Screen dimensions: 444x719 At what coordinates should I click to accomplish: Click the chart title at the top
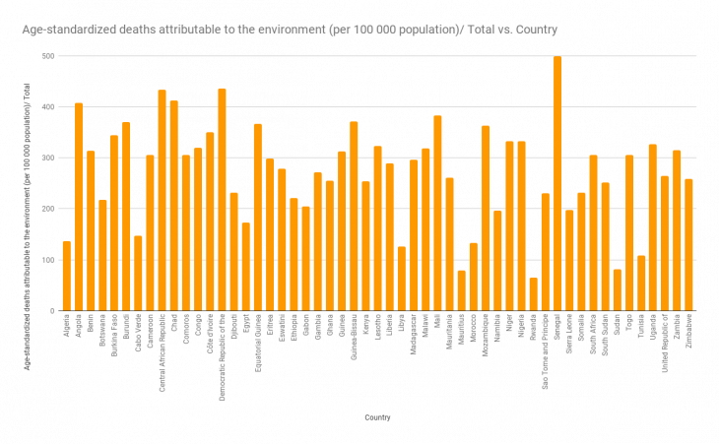[290, 30]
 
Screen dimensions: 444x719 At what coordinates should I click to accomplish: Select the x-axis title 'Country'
[377, 417]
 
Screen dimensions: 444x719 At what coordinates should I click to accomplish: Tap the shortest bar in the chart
[534, 294]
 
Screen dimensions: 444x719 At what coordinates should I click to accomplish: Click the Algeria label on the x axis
[67, 324]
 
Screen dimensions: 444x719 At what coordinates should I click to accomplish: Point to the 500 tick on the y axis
[48, 55]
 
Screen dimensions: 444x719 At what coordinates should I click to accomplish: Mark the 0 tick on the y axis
[52, 310]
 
